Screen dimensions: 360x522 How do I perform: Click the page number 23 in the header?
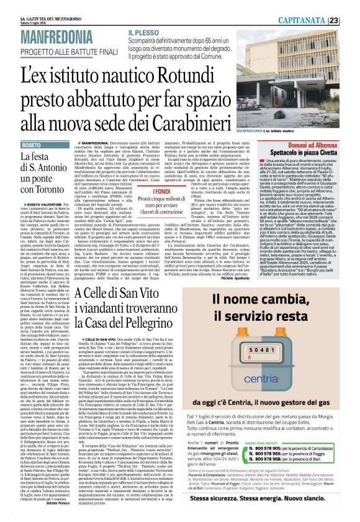351,19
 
